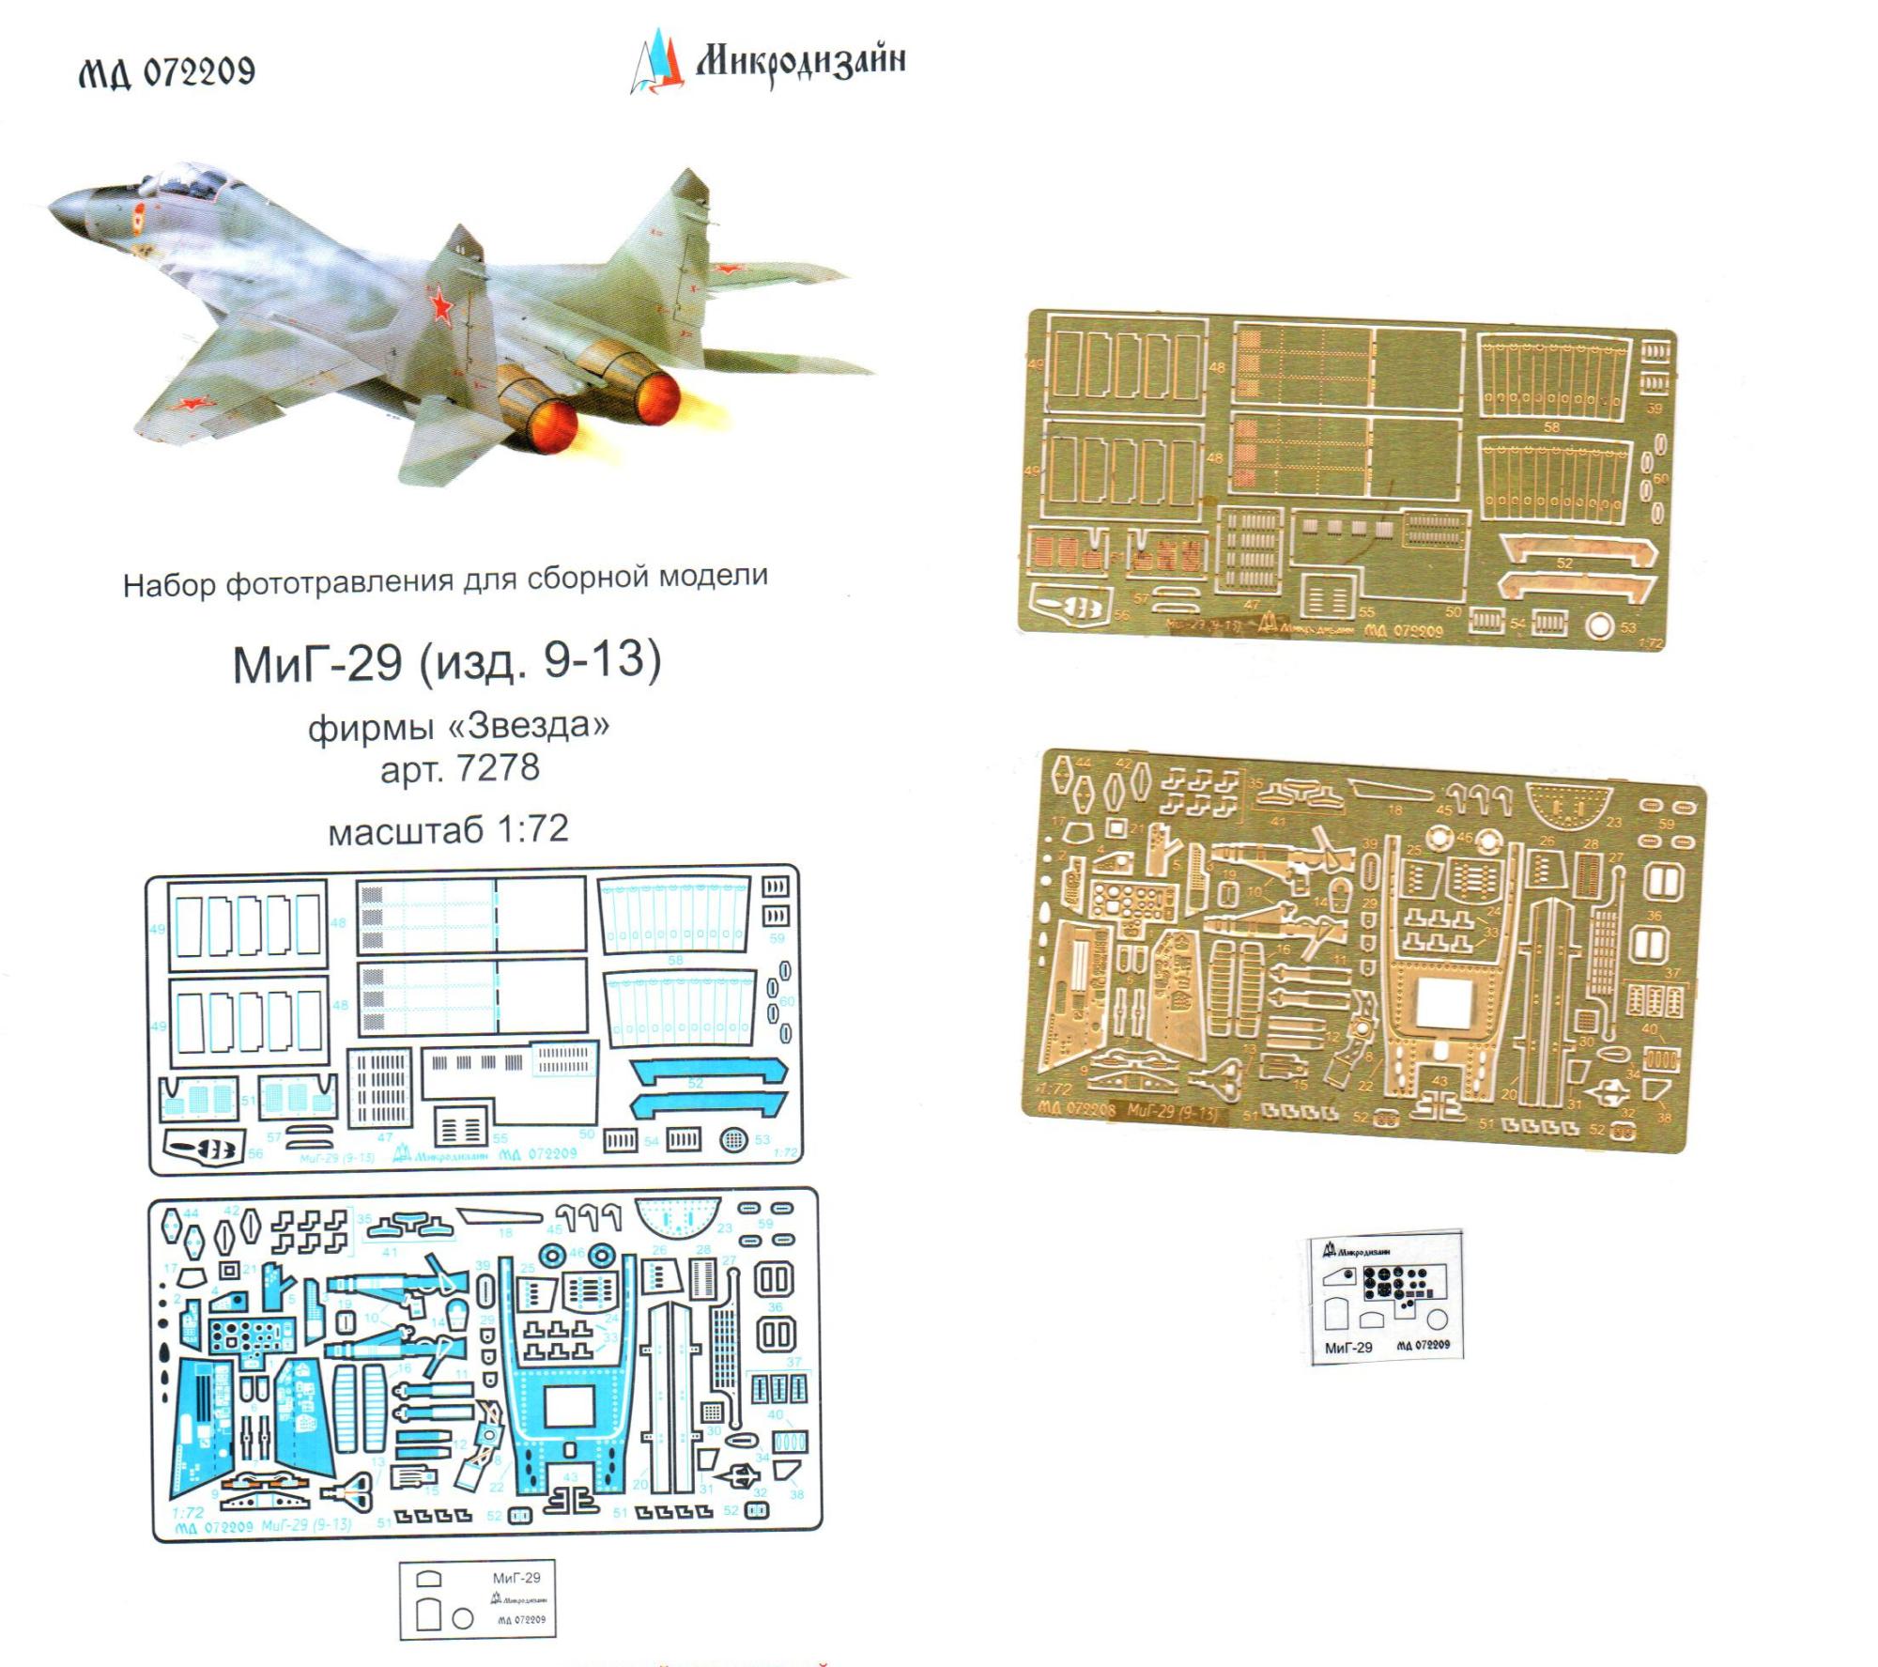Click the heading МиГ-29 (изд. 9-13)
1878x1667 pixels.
tap(447, 663)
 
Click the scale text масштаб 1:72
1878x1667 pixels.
tap(448, 828)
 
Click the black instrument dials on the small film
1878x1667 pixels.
tap(1394, 1282)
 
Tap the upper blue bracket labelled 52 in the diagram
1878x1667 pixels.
tap(708, 1069)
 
